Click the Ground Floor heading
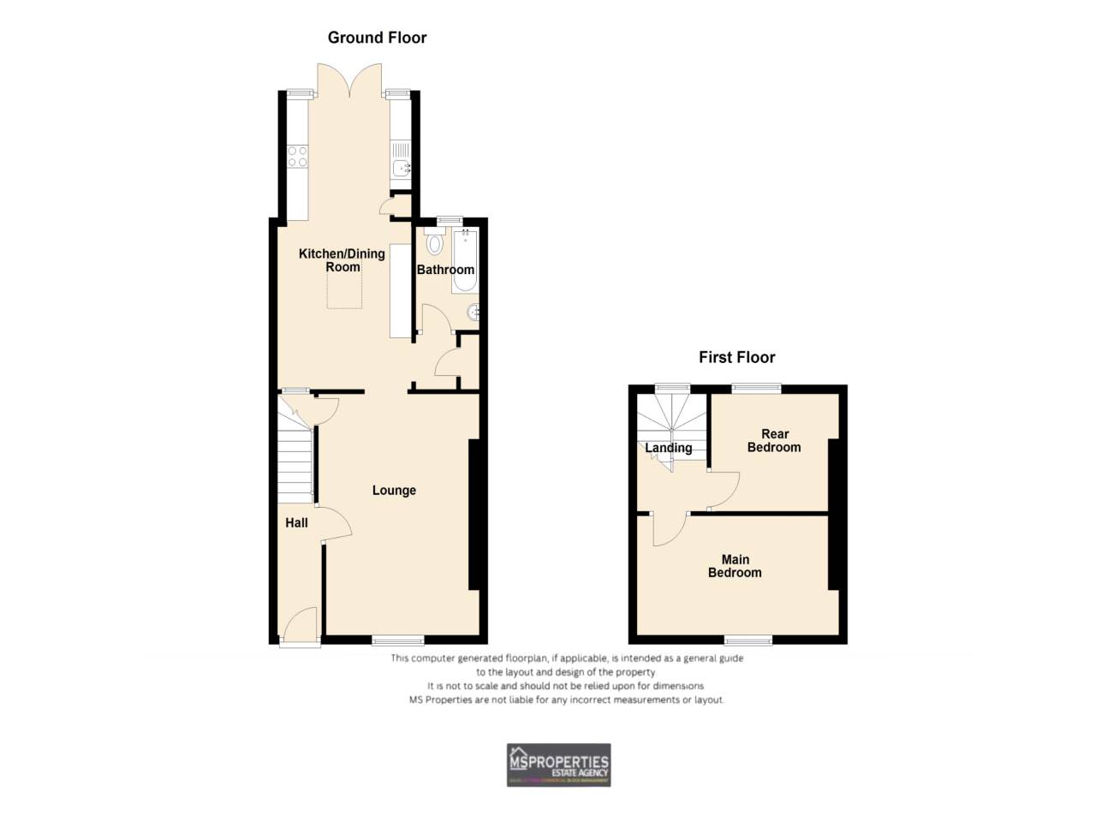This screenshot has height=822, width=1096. (x=377, y=38)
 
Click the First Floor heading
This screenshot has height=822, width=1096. (x=736, y=358)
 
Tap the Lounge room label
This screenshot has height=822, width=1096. (x=394, y=491)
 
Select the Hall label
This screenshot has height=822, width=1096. (x=296, y=523)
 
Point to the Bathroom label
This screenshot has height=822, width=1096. (x=445, y=270)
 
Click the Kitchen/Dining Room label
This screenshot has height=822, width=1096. (x=342, y=260)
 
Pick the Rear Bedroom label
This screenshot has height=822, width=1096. (x=774, y=441)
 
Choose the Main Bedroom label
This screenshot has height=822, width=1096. (x=735, y=566)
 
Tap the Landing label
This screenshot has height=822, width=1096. (x=668, y=448)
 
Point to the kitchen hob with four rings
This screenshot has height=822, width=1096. (x=297, y=156)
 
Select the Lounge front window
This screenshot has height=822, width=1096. (x=398, y=640)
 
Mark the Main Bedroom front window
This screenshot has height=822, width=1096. (x=748, y=640)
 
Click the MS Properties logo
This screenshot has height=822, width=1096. (x=558, y=765)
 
